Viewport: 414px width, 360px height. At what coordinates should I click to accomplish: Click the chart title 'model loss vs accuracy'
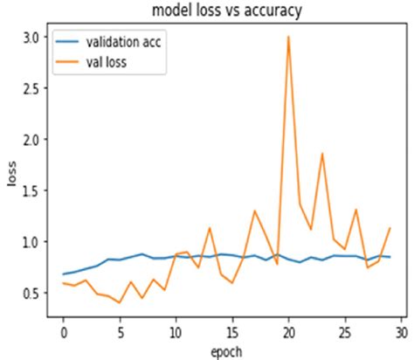coord(227,10)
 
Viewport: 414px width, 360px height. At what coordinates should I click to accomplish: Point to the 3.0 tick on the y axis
coord(31,38)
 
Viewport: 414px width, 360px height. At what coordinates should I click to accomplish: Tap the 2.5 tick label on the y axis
coord(31,88)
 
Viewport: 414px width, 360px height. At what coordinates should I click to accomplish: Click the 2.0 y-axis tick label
coord(31,139)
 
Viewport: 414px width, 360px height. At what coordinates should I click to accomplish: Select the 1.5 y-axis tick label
coord(31,190)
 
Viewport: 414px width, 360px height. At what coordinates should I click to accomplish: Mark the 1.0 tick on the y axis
coord(31,241)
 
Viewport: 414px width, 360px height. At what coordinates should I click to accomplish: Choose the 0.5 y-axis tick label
coord(31,293)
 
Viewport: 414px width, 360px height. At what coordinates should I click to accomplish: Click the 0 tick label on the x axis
coord(64,333)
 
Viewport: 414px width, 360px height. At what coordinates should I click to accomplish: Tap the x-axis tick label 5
coord(120,333)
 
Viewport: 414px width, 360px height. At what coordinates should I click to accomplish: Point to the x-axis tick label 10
coord(176,333)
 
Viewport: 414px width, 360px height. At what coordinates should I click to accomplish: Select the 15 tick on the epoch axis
coord(232,333)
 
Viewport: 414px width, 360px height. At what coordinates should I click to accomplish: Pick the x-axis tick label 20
coord(288,333)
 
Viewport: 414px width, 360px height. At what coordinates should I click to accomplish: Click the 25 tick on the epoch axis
coord(345,333)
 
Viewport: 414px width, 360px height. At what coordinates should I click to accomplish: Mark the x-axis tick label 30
coord(402,333)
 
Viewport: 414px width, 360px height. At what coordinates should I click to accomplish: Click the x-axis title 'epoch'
coord(226,351)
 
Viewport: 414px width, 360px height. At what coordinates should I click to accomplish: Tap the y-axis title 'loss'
coord(12,174)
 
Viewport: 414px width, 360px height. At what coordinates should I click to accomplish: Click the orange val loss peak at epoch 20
coord(288,37)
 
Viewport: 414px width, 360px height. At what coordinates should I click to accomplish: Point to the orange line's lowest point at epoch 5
coord(120,302)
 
